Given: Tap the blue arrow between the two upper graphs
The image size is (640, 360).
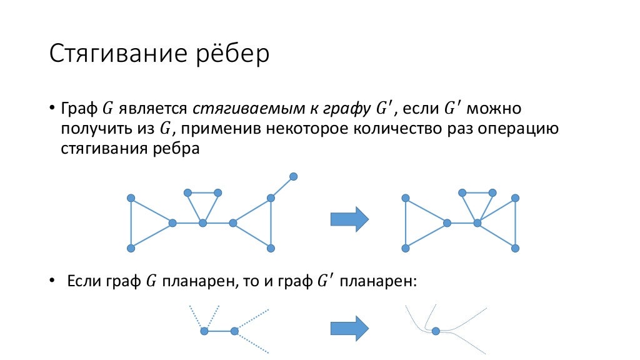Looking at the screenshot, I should coord(349,219).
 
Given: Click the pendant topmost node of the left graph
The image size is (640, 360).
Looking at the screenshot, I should coord(293,177).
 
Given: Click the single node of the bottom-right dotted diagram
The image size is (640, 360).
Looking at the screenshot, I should coord(436,331).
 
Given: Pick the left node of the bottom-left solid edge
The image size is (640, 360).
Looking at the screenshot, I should coord(204,331).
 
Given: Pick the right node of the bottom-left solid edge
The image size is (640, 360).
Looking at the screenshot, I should coord(234,331).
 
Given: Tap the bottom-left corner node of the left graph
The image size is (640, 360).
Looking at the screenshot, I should coord(131,248).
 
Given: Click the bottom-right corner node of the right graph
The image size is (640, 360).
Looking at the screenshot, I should coord(515,248).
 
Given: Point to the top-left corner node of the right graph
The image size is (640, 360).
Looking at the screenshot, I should coord(406,197).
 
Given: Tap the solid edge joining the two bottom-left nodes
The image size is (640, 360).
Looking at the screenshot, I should coord(219,331).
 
